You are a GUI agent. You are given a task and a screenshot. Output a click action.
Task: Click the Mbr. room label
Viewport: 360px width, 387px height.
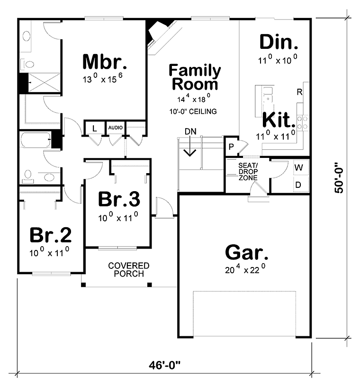pyautogui.click(x=105, y=62)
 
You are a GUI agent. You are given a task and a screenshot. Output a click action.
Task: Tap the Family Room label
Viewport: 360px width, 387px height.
pyautogui.click(x=195, y=77)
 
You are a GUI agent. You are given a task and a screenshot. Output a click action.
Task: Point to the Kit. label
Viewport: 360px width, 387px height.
pyautogui.click(x=279, y=120)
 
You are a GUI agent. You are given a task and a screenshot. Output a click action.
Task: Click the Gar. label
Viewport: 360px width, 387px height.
pyautogui.click(x=247, y=252)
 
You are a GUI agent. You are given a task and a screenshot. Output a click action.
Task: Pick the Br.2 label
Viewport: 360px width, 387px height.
pyautogui.click(x=51, y=235)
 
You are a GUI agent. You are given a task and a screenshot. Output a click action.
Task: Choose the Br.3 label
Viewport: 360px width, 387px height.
pyautogui.click(x=119, y=199)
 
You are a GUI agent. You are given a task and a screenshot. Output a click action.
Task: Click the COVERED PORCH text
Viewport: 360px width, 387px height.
pyautogui.click(x=129, y=269)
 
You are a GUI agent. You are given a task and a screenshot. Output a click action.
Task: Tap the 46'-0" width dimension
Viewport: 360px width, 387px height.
pyautogui.click(x=164, y=365)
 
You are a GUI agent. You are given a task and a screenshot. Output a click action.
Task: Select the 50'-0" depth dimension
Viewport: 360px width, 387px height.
pyautogui.click(x=339, y=177)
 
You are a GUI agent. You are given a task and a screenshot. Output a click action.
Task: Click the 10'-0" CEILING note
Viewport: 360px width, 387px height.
pyautogui.click(x=193, y=111)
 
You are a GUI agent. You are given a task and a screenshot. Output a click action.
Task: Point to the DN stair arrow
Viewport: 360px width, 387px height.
pyautogui.click(x=190, y=146)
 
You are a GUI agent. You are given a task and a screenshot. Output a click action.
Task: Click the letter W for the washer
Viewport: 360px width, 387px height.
pyautogui.click(x=298, y=167)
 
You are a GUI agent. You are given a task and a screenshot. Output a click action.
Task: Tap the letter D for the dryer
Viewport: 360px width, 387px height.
pyautogui.click(x=298, y=184)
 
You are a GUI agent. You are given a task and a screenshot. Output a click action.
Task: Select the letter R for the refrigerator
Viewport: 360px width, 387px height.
pyautogui.click(x=299, y=92)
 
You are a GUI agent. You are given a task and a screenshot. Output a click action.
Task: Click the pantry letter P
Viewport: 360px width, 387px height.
pyautogui.click(x=231, y=147)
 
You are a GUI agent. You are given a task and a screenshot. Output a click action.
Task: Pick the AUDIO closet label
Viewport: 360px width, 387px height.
pyautogui.click(x=116, y=128)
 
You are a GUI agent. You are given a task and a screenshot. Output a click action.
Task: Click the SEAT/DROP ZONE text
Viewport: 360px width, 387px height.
pyautogui.click(x=248, y=172)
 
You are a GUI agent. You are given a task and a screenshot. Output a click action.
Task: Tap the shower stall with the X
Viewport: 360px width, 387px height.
pyautogui.click(x=44, y=83)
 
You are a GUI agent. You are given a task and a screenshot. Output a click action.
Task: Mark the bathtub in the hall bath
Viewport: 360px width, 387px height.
pyautogui.click(x=36, y=140)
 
